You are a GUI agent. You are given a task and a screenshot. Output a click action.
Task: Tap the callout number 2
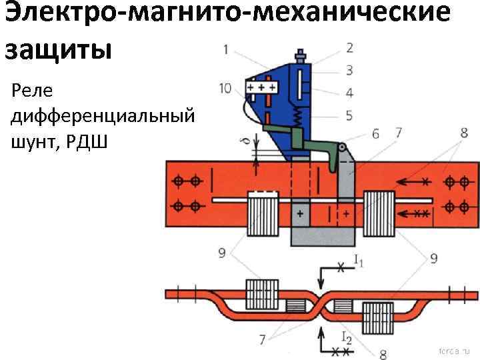click(350, 47)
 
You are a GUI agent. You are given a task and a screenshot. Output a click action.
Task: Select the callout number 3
click(349, 70)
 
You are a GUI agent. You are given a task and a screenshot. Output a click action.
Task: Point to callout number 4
click(349, 92)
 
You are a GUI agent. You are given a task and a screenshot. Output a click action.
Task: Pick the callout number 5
click(349, 115)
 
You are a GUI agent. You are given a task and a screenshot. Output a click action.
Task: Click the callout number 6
click(376, 134)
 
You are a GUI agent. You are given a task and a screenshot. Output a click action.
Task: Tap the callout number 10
click(226, 88)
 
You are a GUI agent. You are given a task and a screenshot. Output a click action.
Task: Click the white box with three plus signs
click(262, 88)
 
